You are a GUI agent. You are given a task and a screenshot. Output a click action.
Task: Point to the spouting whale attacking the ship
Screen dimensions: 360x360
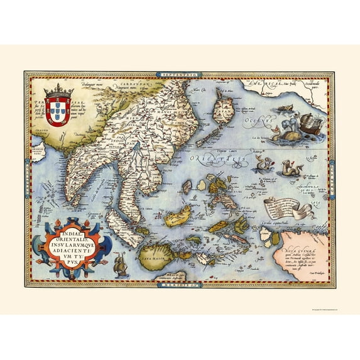tap(286, 128)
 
